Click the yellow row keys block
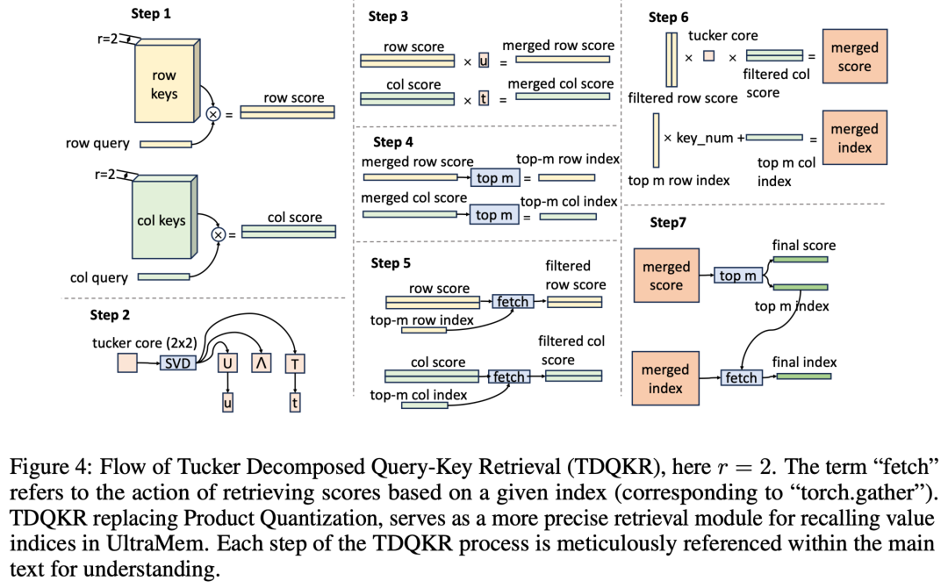tap(164, 86)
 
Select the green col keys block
tap(162, 220)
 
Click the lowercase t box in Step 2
tap(294, 403)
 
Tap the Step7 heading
tap(668, 222)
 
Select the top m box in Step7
tap(736, 276)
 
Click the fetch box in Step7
tap(741, 378)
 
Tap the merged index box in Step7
tap(665, 378)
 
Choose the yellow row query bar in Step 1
tap(165, 143)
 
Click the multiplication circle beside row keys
tap(212, 114)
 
